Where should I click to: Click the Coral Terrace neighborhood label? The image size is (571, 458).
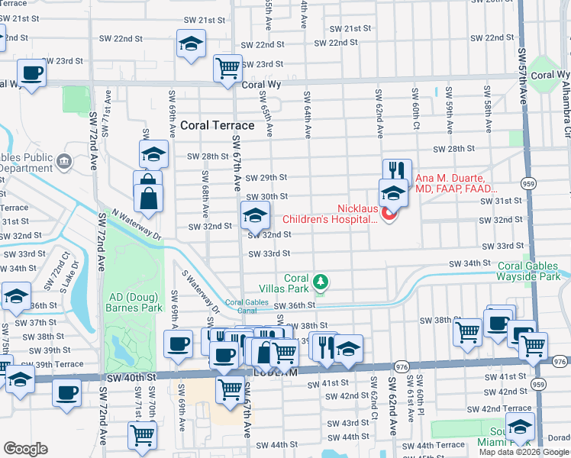click(x=218, y=125)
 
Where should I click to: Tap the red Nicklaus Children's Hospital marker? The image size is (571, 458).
click(x=389, y=214)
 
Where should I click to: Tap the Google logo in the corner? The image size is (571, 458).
click(x=25, y=449)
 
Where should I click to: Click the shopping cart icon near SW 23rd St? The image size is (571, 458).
click(x=227, y=69)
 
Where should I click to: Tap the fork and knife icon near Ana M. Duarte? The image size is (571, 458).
click(x=397, y=170)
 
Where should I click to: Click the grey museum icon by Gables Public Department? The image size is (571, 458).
click(x=64, y=160)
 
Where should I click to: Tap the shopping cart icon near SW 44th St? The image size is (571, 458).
click(x=143, y=435)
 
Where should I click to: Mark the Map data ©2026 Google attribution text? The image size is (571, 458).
click(x=523, y=451)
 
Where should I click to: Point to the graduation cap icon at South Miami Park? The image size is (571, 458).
click(x=520, y=427)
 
